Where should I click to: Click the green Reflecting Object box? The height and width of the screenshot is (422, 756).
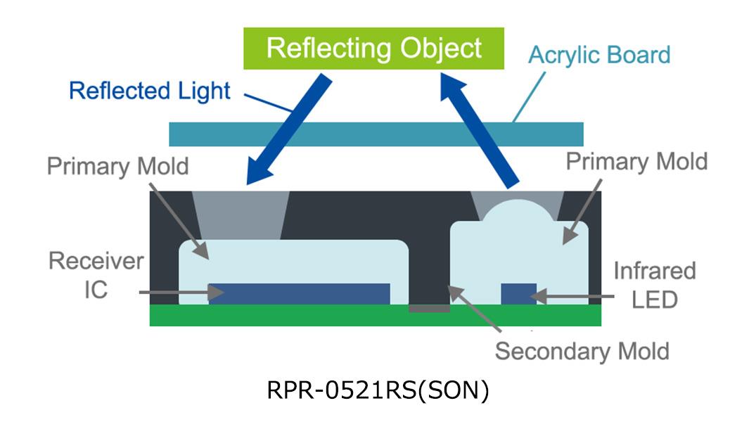373,49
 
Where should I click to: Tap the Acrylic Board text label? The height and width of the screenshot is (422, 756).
599,55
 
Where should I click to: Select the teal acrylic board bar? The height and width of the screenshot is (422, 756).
376,134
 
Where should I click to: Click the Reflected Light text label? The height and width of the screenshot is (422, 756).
150,91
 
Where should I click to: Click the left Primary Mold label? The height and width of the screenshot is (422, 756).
117,167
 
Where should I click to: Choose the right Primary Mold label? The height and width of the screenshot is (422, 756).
636,161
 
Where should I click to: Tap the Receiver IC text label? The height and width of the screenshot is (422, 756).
96,275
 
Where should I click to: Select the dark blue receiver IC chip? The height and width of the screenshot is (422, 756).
299,294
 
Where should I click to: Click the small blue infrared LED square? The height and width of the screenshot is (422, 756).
518,294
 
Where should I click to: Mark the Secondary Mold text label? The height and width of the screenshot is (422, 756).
582,350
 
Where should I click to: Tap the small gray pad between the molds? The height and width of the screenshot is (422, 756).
429,308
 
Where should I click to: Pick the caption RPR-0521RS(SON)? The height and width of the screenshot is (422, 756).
378,390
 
